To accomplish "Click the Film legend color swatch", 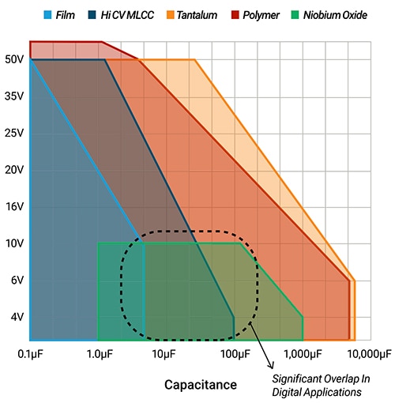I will [47, 14].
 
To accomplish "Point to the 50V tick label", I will [13, 59].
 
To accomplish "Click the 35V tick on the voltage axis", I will [13, 96].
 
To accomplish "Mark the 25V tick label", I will [13, 133].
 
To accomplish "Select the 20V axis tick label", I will [13, 170].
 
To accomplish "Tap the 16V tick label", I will [13, 206].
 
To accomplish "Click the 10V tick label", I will [13, 243].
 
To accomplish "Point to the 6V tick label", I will [16, 280].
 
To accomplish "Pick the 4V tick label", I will [16, 317].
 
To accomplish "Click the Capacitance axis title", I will [200, 385].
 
